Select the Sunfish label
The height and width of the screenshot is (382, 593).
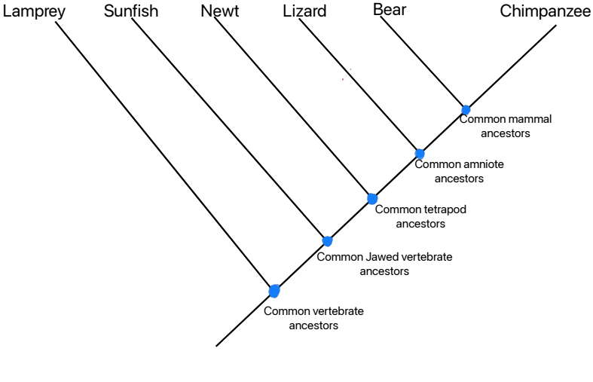(x=131, y=12)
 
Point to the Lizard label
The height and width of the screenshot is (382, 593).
(x=304, y=12)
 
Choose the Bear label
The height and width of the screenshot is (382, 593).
(x=390, y=11)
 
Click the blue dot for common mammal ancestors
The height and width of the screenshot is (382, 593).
(x=466, y=110)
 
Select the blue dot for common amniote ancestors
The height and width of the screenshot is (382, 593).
(x=420, y=154)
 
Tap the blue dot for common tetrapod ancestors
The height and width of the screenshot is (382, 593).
(x=371, y=199)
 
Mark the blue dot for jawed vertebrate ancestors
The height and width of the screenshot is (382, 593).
(x=327, y=241)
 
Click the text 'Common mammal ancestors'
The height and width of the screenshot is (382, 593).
(x=506, y=126)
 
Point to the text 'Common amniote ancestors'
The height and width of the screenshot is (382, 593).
(x=459, y=171)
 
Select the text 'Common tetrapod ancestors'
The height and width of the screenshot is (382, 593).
(x=420, y=216)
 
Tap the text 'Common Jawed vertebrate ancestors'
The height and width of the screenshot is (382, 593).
(x=384, y=264)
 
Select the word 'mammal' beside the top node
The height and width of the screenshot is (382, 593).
(x=532, y=119)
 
